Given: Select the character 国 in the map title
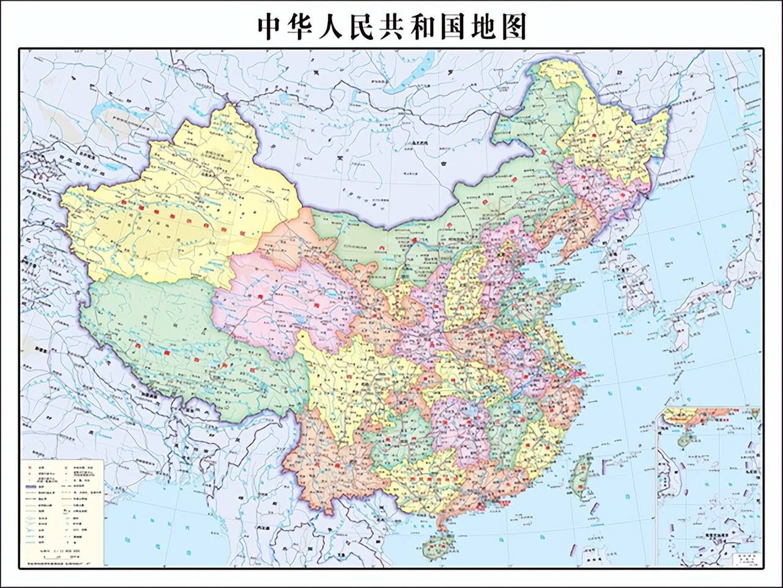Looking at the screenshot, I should coord(453,26).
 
